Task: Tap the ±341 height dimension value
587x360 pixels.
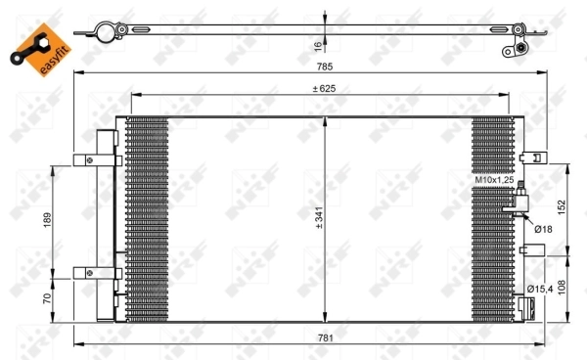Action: click(318, 221)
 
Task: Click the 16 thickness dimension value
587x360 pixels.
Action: click(318, 44)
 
